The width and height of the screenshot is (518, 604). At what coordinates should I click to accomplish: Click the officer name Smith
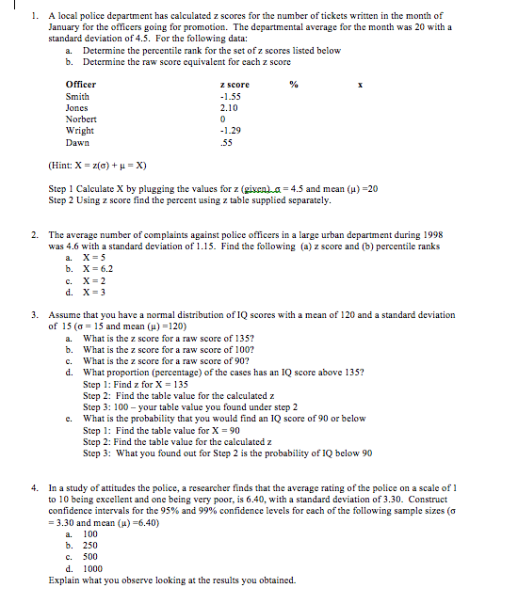click(77, 96)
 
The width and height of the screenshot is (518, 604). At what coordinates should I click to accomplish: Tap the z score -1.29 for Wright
click(229, 131)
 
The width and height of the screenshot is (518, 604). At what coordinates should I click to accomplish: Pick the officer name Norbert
click(81, 119)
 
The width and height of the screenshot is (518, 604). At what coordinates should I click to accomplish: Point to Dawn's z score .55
click(225, 143)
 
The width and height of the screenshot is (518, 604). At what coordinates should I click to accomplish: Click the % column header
click(293, 85)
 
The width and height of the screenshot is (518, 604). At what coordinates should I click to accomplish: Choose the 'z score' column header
click(233, 85)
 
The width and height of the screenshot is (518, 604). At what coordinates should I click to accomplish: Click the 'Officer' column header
click(80, 85)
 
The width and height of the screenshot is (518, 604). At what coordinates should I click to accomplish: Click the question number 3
click(34, 315)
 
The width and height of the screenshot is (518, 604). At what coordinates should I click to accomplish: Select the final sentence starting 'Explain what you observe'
click(170, 580)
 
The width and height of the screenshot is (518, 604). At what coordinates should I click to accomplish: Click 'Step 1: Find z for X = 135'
click(136, 384)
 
